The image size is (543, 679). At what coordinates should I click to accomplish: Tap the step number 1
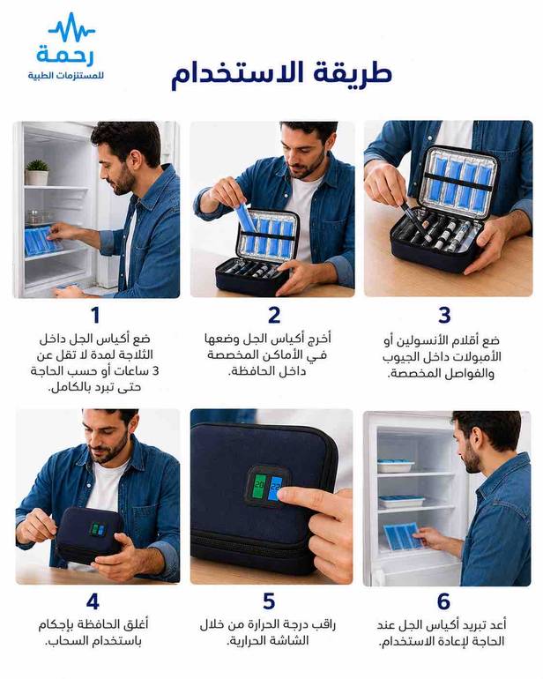point(95,316)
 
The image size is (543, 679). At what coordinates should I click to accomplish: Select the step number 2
point(273,316)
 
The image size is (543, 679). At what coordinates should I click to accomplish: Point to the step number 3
point(444,316)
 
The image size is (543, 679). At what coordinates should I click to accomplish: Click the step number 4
point(93,601)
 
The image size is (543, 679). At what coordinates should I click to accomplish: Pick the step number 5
point(269,601)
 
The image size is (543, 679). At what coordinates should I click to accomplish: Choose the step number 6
point(443,601)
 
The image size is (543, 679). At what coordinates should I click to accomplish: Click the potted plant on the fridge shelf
point(37,172)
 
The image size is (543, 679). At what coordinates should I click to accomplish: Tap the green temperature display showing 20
point(259,485)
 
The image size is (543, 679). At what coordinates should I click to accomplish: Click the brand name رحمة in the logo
point(65,54)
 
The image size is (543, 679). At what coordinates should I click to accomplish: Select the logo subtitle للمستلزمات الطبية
point(66,76)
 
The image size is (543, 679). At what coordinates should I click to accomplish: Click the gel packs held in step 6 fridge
point(402,535)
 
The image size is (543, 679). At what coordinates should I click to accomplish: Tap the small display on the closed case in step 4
point(98,529)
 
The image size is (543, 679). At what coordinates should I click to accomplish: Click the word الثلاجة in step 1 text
point(133,355)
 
